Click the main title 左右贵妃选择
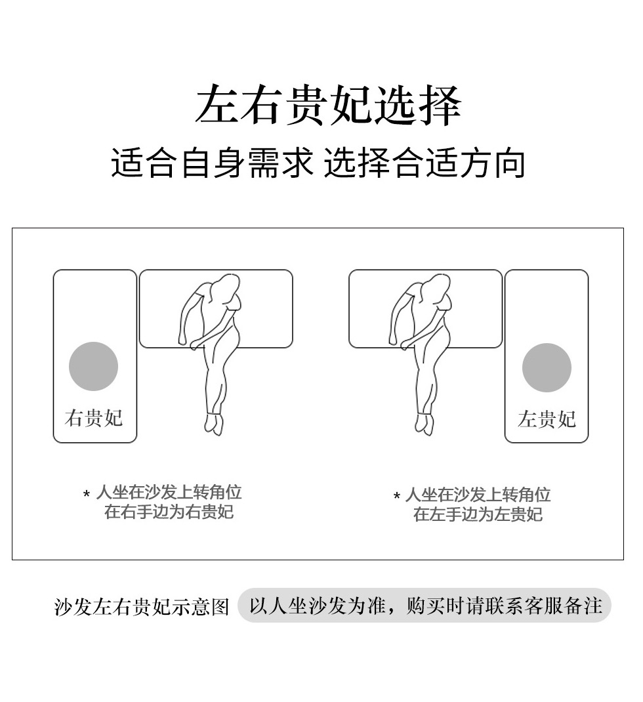[328, 106]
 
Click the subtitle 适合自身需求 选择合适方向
[318, 163]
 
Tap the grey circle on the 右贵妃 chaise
[93, 366]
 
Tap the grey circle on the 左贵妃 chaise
[547, 367]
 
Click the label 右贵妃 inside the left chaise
[93, 418]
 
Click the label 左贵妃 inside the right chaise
[547, 419]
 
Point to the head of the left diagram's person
[226, 288]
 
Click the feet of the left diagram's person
[214, 424]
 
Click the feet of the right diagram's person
[424, 424]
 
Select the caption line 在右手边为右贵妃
[169, 512]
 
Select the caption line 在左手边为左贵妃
[478, 514]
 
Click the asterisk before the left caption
[87, 494]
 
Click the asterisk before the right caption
[396, 495]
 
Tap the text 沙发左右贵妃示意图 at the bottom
[142, 607]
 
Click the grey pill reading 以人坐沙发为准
[424, 606]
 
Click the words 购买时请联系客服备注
[504, 606]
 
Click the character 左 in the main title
[217, 106]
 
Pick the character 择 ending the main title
[440, 106]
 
